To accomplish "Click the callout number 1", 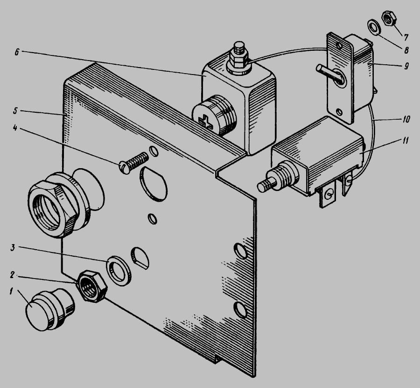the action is [x=11, y=291].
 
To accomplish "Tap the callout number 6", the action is [x=17, y=52].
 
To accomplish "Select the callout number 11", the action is [x=406, y=140].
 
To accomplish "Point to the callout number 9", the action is [x=406, y=66].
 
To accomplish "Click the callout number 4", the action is [x=15, y=128].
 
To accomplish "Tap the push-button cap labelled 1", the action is [x=50, y=309].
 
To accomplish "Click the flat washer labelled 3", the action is [x=119, y=271].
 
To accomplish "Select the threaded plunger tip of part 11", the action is [x=265, y=185].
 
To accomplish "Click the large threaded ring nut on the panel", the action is [x=54, y=205].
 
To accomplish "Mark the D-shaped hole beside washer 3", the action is [x=139, y=257].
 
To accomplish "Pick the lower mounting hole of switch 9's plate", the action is [x=339, y=111].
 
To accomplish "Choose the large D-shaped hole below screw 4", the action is [x=154, y=183].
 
